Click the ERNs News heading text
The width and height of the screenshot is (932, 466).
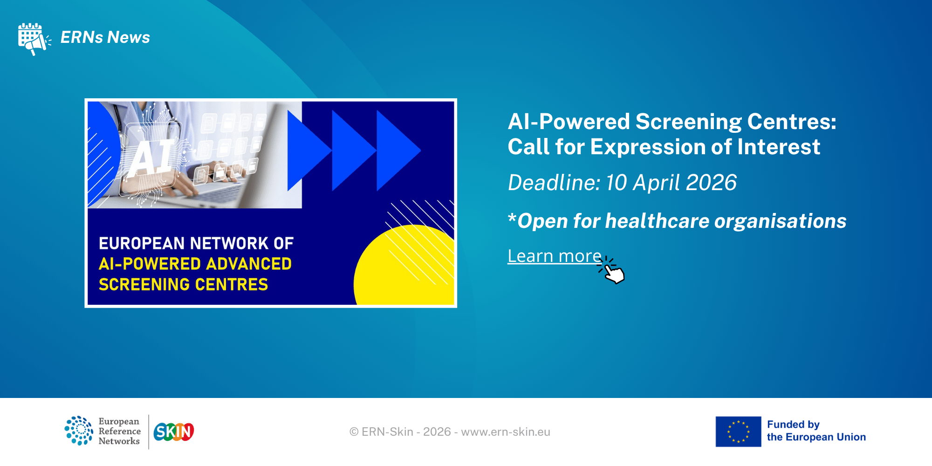click(105, 37)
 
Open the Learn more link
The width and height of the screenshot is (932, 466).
click(555, 256)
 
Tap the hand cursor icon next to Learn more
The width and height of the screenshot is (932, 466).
click(612, 270)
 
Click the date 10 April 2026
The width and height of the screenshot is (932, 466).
click(671, 182)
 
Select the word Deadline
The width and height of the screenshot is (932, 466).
click(554, 182)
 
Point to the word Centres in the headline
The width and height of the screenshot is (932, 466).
click(792, 122)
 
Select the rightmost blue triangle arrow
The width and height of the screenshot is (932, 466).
click(398, 151)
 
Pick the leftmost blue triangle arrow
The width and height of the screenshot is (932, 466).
click(309, 151)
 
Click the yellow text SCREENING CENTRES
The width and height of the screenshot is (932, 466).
click(183, 284)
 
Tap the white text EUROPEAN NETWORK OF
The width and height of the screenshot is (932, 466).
click(196, 243)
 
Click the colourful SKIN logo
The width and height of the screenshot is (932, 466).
click(174, 432)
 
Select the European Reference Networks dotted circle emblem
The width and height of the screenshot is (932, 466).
click(79, 431)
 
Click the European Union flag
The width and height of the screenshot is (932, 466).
click(738, 432)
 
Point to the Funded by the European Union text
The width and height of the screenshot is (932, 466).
click(816, 431)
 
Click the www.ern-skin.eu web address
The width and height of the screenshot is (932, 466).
click(506, 432)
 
